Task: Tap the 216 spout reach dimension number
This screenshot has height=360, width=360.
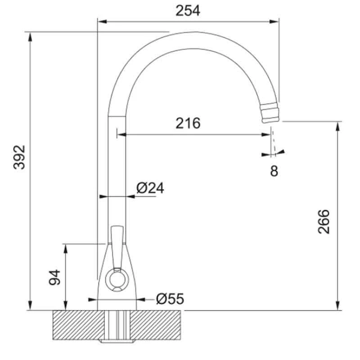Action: point(187,123)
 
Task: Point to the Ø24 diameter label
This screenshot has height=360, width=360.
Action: point(150,188)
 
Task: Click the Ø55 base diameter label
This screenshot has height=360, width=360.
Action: point(170,298)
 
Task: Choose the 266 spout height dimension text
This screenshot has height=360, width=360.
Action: point(323,221)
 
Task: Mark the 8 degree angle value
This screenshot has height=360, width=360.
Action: point(274,171)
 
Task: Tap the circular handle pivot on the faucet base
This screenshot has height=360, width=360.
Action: point(117,280)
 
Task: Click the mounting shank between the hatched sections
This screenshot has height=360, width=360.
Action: point(117,326)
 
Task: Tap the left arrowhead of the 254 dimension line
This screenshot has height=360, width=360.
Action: point(101,21)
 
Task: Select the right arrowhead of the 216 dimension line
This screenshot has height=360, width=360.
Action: point(267,134)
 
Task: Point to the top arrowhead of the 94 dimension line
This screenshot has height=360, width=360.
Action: point(66,247)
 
